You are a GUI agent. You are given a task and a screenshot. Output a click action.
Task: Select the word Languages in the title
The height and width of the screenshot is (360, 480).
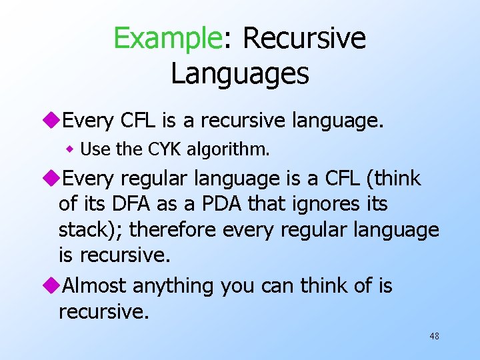(x=240, y=73)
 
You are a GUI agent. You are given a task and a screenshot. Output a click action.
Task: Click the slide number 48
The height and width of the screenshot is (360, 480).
(x=434, y=337)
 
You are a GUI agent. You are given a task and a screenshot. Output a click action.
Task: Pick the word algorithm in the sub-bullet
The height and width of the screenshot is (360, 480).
(x=228, y=149)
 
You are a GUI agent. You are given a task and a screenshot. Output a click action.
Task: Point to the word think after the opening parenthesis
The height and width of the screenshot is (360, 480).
(x=398, y=179)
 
